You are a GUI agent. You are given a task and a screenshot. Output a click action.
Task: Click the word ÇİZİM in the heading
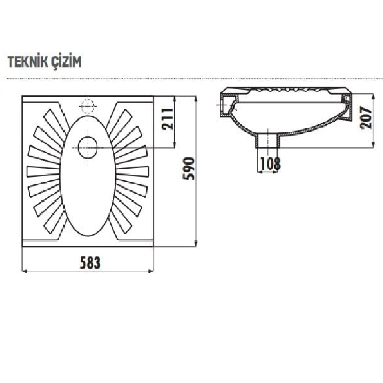coord(67,62)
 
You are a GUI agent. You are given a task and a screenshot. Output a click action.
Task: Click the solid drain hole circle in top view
coord(88,148)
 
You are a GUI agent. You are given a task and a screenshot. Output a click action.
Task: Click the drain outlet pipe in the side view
coord(268,140)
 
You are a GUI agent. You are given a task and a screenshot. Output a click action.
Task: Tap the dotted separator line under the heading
coord(191,79)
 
